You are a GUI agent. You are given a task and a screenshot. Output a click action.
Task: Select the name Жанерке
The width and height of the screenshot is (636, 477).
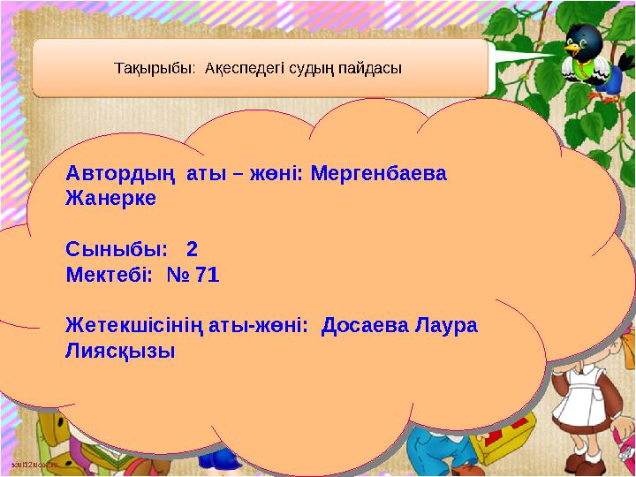click(x=110, y=199)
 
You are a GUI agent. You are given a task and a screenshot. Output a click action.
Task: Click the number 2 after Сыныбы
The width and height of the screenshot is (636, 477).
click(x=192, y=250)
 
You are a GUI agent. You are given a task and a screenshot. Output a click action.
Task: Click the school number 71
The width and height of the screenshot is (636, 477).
click(x=205, y=275)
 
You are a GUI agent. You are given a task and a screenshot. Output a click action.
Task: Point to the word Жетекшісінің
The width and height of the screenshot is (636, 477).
click(x=137, y=326)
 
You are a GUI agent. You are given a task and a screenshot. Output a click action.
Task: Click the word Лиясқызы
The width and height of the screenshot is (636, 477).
click(x=120, y=352)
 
